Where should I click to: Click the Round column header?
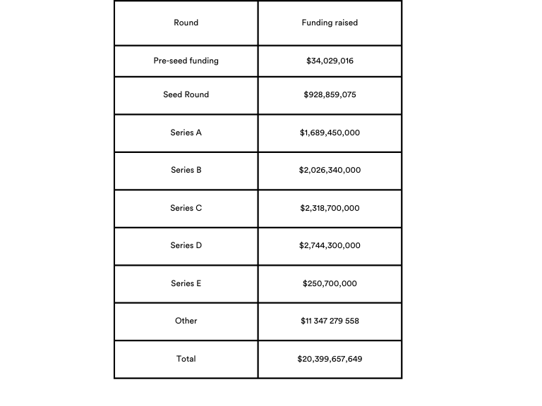186,23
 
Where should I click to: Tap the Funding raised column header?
330,23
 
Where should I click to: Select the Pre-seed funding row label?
186,61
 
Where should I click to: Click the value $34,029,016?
330,61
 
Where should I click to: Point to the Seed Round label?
186,94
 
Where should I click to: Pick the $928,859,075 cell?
330,94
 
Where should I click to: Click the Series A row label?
186,133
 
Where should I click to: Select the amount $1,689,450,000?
330,133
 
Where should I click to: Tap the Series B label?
186,170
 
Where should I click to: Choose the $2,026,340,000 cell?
330,170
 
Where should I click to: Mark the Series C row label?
186,208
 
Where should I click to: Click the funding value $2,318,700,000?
330,208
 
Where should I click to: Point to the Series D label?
186,245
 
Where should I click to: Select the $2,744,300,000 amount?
330,245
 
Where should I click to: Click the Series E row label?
186,283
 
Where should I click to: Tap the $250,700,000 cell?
330,283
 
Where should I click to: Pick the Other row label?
186,321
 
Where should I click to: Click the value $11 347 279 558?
330,321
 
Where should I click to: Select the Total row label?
186,359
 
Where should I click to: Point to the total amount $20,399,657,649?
330,359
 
